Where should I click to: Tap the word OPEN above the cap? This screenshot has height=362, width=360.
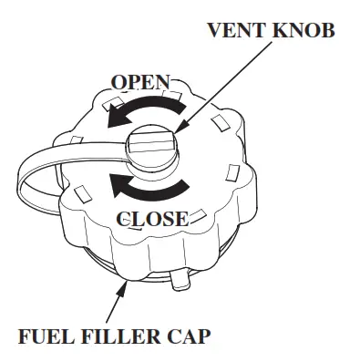[139, 83]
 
